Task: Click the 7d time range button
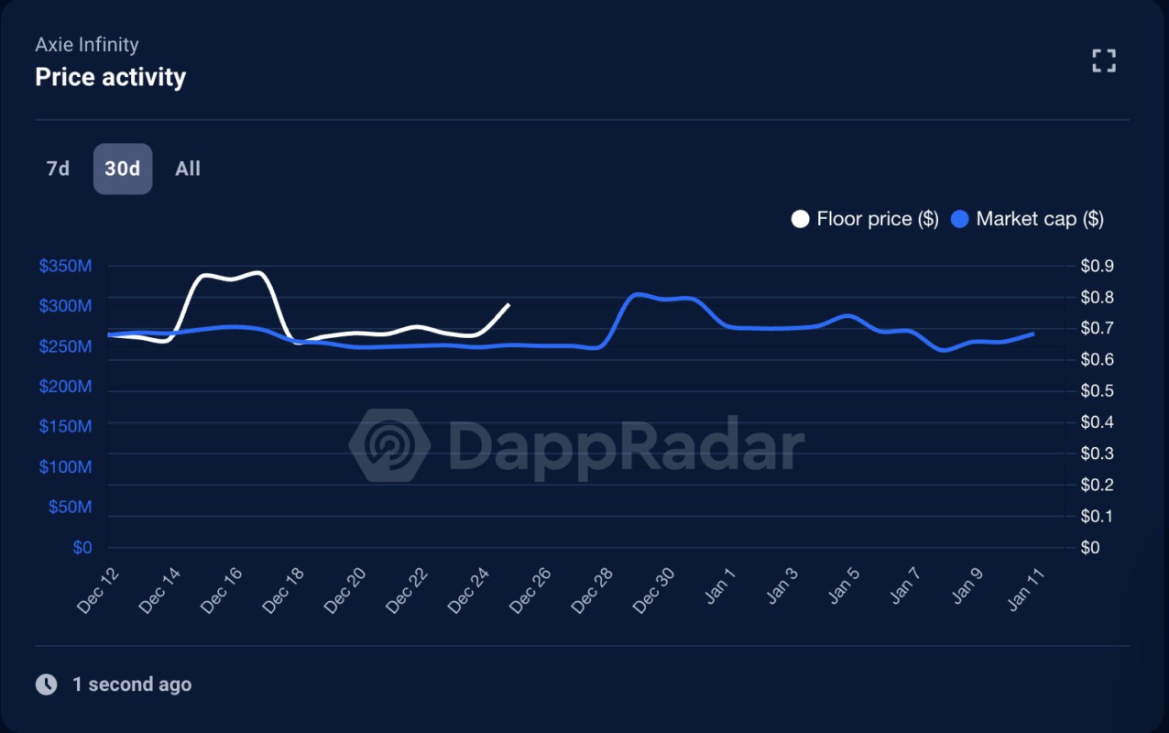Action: [58, 169]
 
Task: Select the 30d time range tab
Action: [123, 169]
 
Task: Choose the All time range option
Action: [188, 169]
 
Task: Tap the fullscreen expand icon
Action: [1104, 61]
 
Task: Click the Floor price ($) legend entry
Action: [866, 219]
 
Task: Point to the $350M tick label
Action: [65, 266]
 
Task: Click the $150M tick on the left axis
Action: [65, 427]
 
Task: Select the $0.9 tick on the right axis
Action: [1097, 266]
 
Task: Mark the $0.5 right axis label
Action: [1097, 391]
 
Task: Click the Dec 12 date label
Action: [98, 591]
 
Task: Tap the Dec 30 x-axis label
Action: [653, 591]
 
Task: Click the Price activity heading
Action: [110, 77]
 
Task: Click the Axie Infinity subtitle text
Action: [87, 44]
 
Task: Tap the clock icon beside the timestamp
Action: [46, 684]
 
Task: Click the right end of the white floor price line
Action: [508, 304]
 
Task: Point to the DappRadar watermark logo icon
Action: [389, 446]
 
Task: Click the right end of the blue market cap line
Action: [1033, 334]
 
